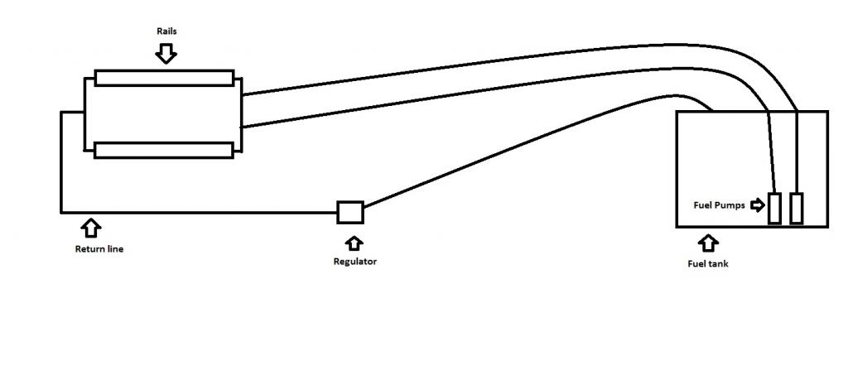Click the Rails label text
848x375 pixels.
click(x=166, y=31)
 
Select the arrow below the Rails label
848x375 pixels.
click(x=166, y=53)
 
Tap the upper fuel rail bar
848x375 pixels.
click(x=164, y=78)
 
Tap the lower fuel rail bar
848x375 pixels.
click(x=164, y=150)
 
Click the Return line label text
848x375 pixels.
click(x=99, y=249)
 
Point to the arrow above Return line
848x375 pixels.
click(x=90, y=228)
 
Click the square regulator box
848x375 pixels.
click(x=350, y=213)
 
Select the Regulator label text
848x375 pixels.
click(x=354, y=262)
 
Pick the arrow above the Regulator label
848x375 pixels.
click(x=354, y=243)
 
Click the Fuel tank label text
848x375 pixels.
click(x=708, y=264)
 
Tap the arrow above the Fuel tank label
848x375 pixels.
click(x=708, y=243)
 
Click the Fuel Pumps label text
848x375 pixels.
click(x=719, y=205)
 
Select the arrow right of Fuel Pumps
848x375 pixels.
click(x=758, y=204)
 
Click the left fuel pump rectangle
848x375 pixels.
click(x=774, y=208)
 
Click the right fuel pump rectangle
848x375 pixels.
click(x=796, y=208)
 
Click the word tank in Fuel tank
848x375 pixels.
click(x=718, y=264)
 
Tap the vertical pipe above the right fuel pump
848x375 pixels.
click(x=797, y=151)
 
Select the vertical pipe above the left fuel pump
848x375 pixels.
click(x=772, y=151)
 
